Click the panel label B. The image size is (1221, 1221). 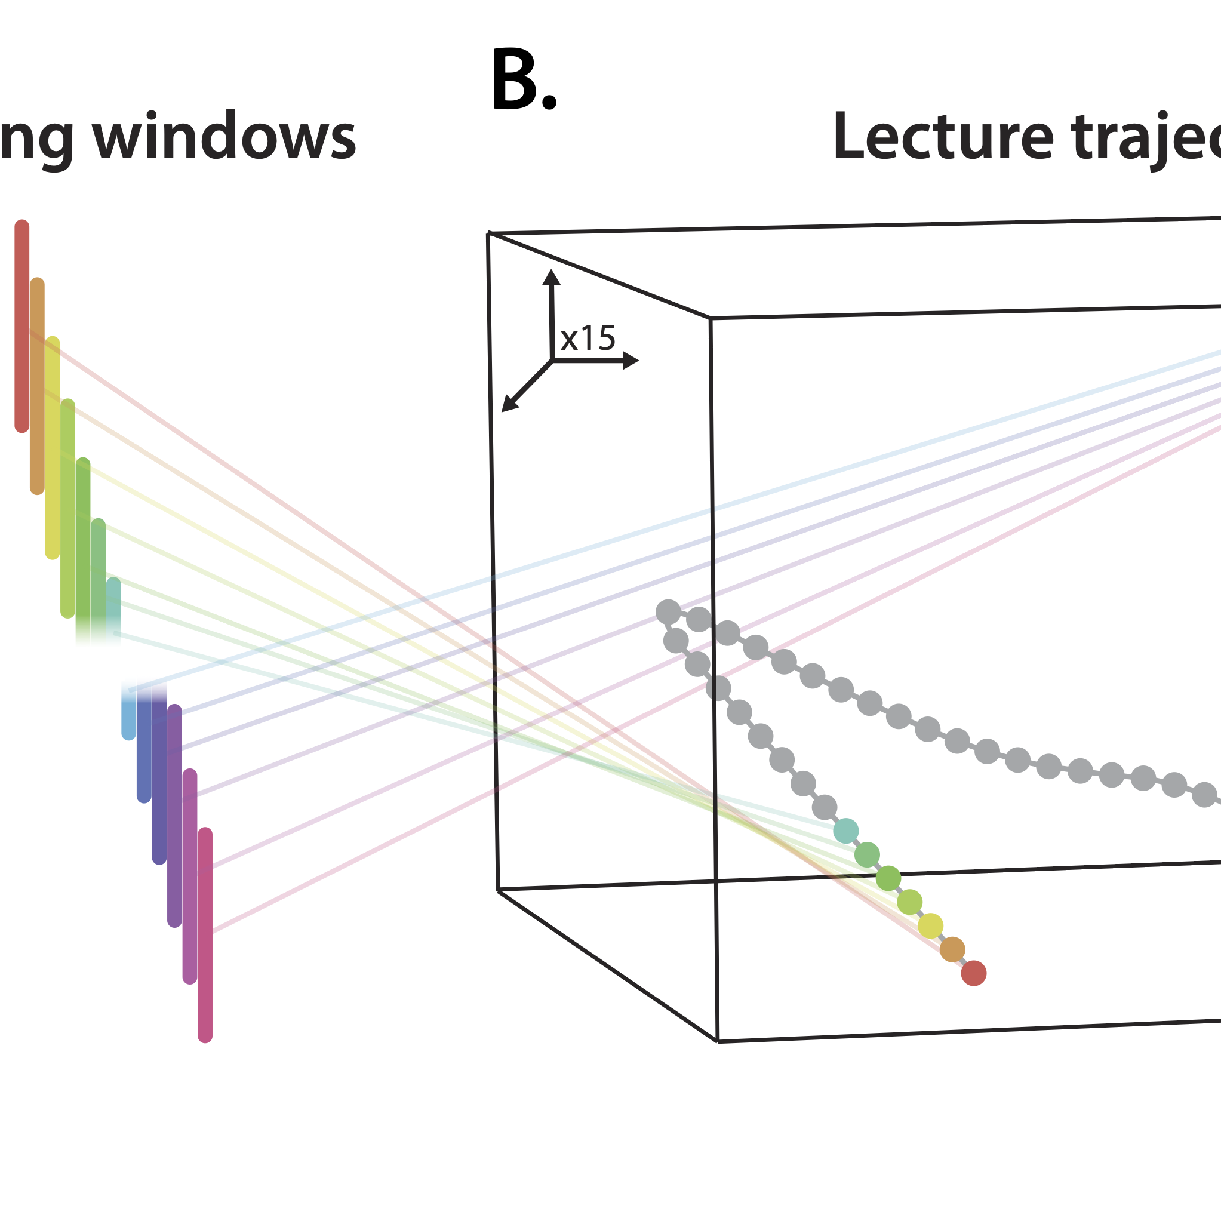point(523,81)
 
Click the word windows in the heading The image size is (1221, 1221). point(224,138)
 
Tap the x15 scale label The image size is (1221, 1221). point(588,339)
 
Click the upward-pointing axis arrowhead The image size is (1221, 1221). point(551,277)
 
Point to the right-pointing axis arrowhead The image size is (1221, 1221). point(630,360)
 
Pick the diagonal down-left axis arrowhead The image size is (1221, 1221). point(509,404)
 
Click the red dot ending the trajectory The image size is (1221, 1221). point(973,973)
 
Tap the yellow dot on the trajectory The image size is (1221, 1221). point(930,926)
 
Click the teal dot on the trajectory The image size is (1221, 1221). point(845,831)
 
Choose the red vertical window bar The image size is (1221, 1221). point(22,325)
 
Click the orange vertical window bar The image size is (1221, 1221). point(37,386)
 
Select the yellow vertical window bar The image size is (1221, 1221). point(53,447)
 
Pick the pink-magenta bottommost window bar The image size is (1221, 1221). point(205,935)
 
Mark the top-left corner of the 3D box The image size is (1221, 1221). point(488,234)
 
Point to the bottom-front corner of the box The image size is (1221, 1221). point(717,1041)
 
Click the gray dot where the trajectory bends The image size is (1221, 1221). point(668,612)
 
